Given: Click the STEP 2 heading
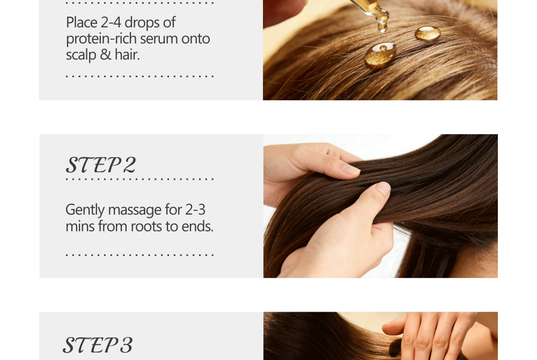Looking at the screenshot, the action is coord(101,165).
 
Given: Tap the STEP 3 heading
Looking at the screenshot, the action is coord(98,344).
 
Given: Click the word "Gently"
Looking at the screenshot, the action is coord(85,210).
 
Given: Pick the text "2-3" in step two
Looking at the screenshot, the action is coord(195,210).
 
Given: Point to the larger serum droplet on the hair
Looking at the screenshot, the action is coord(380,54).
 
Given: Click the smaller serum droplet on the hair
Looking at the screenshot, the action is coord(428,33).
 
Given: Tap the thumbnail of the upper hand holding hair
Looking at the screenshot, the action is coord(351,169).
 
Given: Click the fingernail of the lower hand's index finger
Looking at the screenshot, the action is coord(384,188).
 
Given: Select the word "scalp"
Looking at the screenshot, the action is coord(81,55).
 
